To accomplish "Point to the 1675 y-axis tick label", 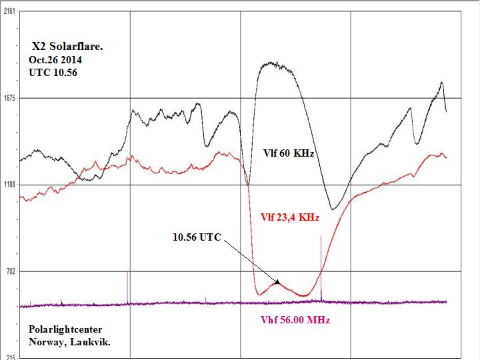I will pyautogui.click(x=9, y=98).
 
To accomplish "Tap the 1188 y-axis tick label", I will pyautogui.click(x=9, y=185).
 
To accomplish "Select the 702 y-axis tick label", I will pyautogui.click(x=9, y=271).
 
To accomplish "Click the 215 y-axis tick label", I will pyautogui.click(x=9, y=357).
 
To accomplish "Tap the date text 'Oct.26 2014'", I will pyautogui.click(x=55, y=60).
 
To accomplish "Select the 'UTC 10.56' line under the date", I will pyautogui.click(x=53, y=72).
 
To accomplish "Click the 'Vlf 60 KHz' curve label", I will pyautogui.click(x=289, y=153).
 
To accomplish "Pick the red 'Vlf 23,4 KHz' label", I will pyautogui.click(x=289, y=217).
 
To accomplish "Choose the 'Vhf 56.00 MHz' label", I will pyautogui.click(x=294, y=320).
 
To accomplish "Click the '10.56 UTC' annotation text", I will pyautogui.click(x=197, y=237).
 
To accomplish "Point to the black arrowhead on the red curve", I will pyautogui.click(x=277, y=282).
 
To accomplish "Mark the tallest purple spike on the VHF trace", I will pyautogui.click(x=321, y=237).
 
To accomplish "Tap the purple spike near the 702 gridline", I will pyautogui.click(x=127, y=273).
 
